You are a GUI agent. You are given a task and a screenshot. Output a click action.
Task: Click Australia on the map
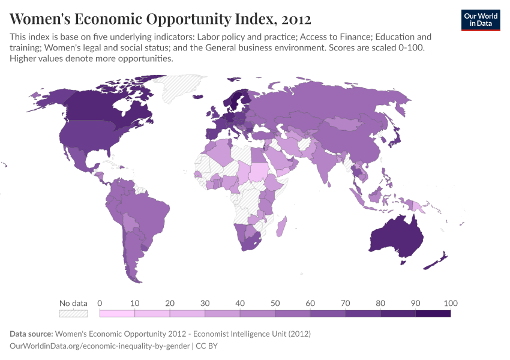click(x=396, y=237)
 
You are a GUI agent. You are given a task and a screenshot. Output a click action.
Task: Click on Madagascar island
click(x=281, y=227)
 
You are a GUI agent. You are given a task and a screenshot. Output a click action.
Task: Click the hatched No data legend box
click(x=73, y=313)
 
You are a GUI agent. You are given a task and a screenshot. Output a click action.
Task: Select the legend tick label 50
click(x=275, y=302)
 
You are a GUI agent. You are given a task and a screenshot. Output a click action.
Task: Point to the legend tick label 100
click(x=450, y=302)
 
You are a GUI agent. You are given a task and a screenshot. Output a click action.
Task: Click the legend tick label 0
click(x=100, y=302)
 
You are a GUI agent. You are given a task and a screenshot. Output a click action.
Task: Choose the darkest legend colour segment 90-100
click(x=433, y=313)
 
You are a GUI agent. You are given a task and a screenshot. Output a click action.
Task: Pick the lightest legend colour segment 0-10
click(x=117, y=313)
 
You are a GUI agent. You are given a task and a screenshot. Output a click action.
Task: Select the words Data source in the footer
click(x=31, y=334)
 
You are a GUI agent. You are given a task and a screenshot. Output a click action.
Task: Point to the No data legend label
click(x=73, y=302)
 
